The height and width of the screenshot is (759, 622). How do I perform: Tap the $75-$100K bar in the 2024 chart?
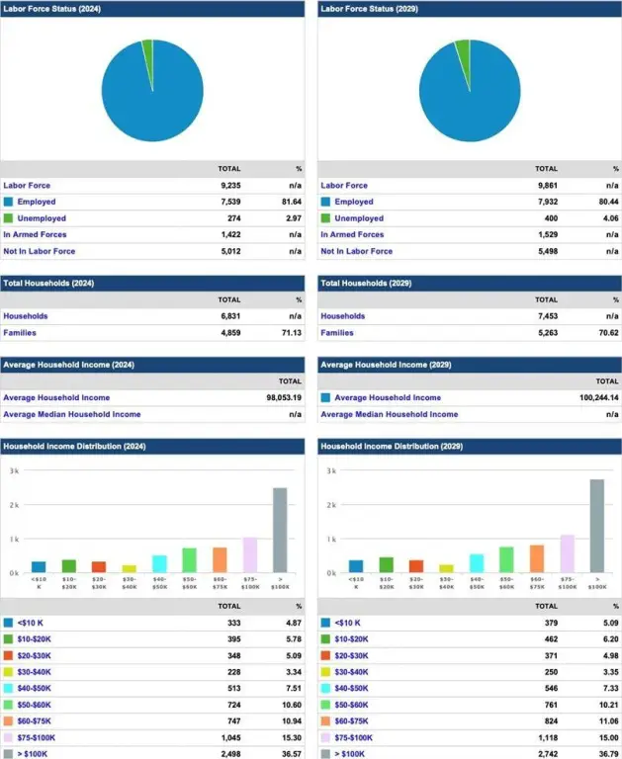tap(249, 554)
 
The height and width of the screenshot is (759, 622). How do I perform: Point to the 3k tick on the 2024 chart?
tap(14, 471)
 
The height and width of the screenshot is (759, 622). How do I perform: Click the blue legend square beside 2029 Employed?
tap(326, 202)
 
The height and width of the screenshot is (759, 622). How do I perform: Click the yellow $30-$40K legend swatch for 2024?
tap(9, 672)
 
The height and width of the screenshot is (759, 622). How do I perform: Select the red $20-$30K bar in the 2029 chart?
tap(416, 566)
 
